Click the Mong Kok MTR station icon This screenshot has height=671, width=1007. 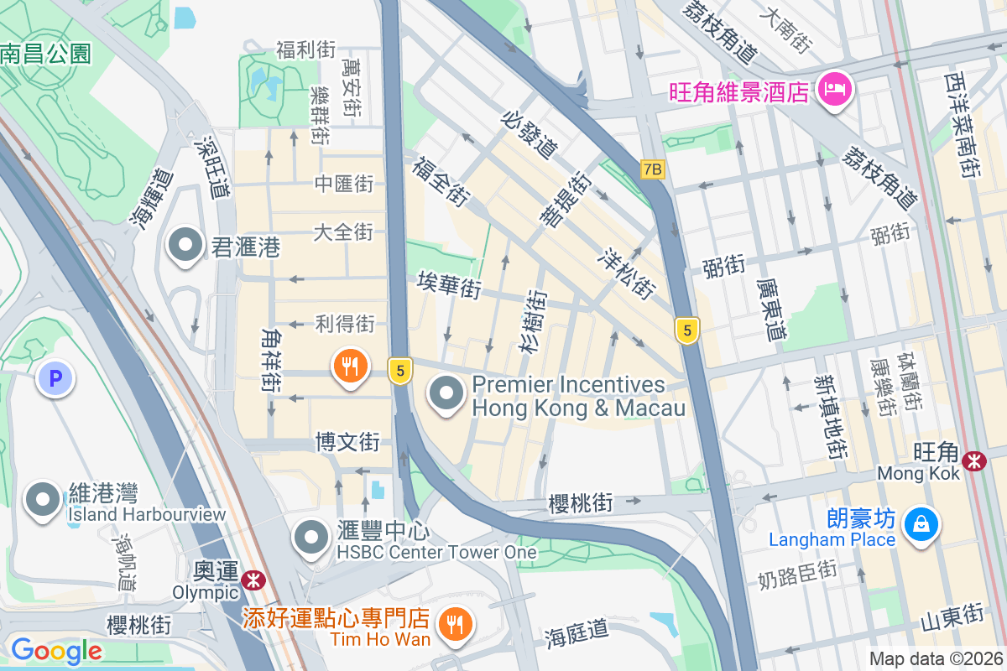(x=974, y=460)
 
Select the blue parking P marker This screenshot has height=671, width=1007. (x=55, y=379)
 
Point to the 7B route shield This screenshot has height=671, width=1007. (x=652, y=169)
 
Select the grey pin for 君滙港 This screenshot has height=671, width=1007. (x=185, y=247)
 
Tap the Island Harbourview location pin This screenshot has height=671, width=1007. (x=42, y=501)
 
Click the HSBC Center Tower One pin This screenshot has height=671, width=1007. (x=313, y=538)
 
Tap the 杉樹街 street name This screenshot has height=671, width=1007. (x=533, y=321)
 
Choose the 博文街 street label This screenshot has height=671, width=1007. (x=347, y=442)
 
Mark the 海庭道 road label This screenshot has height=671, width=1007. (x=576, y=630)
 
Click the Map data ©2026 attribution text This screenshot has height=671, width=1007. (x=935, y=658)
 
